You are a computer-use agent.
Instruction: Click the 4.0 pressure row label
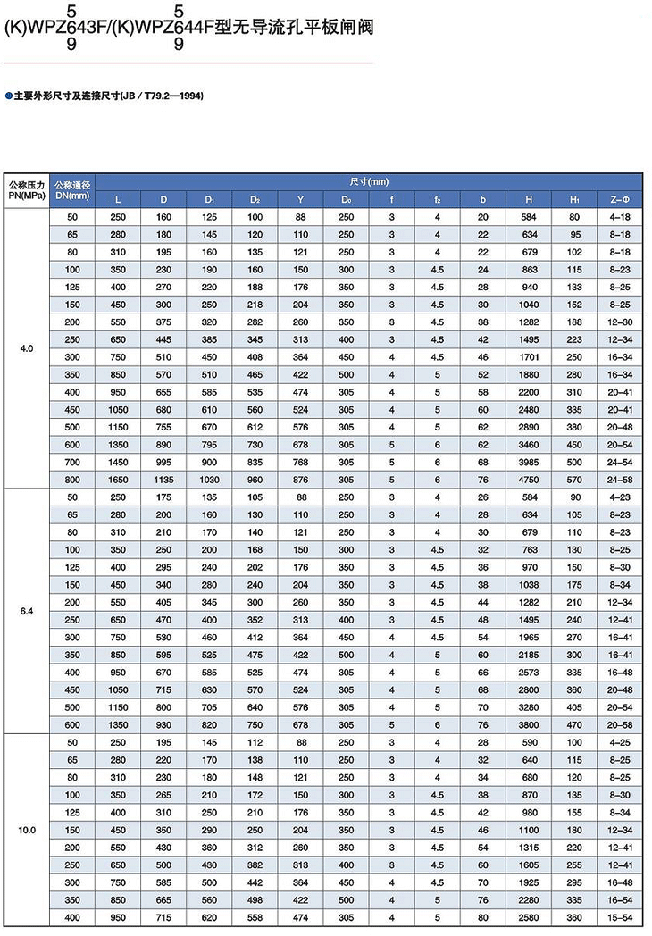click(26, 348)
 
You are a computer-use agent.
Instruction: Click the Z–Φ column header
click(621, 198)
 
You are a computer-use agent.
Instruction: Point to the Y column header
click(300, 198)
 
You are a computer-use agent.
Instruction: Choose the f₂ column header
click(437, 198)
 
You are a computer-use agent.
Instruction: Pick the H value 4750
click(529, 480)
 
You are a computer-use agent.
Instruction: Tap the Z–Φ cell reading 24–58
click(621, 480)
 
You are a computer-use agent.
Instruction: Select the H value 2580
click(529, 918)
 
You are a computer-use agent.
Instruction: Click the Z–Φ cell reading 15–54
click(621, 918)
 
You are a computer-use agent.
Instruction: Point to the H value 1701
click(529, 356)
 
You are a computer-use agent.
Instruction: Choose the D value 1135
click(163, 480)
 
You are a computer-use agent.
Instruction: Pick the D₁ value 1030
click(209, 480)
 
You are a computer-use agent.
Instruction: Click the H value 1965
click(529, 638)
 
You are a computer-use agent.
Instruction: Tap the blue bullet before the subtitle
click(9, 94)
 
